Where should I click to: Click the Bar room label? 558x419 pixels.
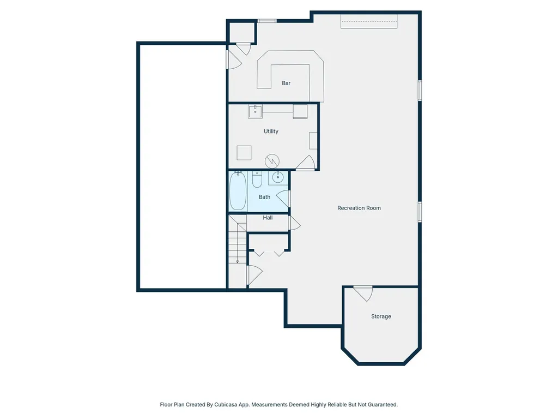(x=286, y=83)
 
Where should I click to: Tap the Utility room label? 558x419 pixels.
(x=271, y=131)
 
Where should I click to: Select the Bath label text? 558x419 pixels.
(x=264, y=196)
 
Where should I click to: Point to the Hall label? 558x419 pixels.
(x=268, y=218)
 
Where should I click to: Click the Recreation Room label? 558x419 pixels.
(x=359, y=208)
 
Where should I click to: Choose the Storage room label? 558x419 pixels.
(x=381, y=316)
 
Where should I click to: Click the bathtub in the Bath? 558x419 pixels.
(x=238, y=190)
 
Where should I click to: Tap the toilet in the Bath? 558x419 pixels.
(x=257, y=179)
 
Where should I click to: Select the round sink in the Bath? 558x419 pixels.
(x=278, y=177)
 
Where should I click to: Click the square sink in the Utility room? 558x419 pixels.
(x=255, y=111)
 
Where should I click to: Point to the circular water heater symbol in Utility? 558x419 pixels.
(x=272, y=161)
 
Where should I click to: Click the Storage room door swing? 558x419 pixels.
(x=364, y=293)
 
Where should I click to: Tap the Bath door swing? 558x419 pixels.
(x=283, y=199)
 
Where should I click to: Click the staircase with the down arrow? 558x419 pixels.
(x=238, y=240)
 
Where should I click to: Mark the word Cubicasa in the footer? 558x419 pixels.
(x=226, y=404)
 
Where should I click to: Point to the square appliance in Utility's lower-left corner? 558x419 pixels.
(x=244, y=153)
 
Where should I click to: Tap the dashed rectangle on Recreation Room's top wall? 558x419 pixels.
(x=369, y=21)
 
